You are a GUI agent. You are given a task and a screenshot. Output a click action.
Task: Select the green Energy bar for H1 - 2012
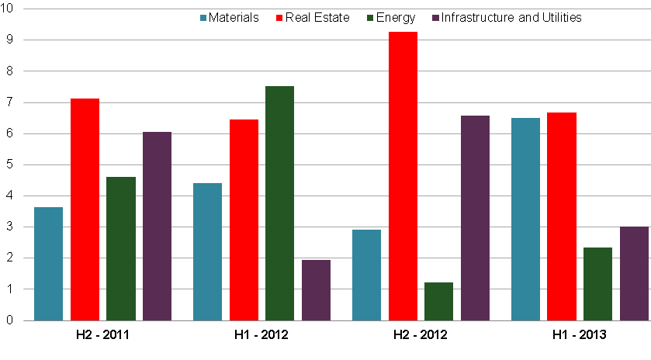click(279, 203)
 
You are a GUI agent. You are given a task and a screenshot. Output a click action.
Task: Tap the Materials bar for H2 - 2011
click(48, 264)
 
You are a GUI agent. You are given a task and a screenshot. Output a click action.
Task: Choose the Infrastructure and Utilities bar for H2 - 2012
click(475, 218)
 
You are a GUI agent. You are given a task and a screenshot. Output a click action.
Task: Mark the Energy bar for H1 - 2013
click(598, 284)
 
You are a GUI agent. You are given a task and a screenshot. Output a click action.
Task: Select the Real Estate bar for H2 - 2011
click(85, 209)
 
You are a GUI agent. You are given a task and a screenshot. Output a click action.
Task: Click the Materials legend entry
click(230, 17)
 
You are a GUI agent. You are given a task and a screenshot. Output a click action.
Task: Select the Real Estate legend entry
click(311, 17)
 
